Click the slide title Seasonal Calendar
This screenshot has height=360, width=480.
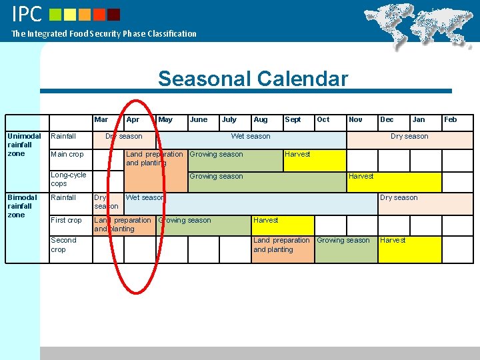pyautogui.click(x=253, y=79)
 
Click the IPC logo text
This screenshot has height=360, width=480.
pyautogui.click(x=27, y=13)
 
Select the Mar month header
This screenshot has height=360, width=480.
pyautogui.click(x=101, y=120)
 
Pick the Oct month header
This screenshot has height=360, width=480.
pyautogui.click(x=323, y=120)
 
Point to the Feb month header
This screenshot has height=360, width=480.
pyautogui.click(x=451, y=120)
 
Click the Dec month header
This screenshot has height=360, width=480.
pyautogui.click(x=387, y=120)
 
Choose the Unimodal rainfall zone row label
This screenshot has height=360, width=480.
pyautogui.click(x=24, y=145)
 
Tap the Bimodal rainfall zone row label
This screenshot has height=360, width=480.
pyautogui.click(x=24, y=206)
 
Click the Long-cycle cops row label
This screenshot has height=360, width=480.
pyautogui.click(x=69, y=179)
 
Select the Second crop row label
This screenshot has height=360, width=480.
pyautogui.click(x=64, y=245)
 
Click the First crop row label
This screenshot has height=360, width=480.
pyautogui.click(x=66, y=220)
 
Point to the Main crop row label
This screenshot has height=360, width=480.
pyautogui.click(x=67, y=154)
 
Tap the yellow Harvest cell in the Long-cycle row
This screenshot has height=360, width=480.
pyautogui.click(x=394, y=181)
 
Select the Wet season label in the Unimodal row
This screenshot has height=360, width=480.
pyautogui.click(x=251, y=137)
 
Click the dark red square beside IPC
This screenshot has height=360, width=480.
pyautogui.click(x=114, y=14)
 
